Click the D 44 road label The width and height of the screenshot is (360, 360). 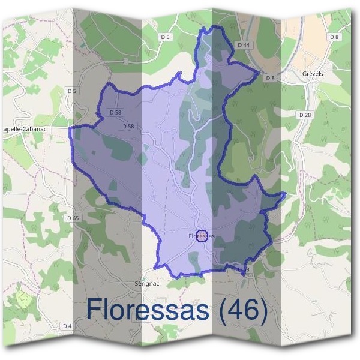coord(243,45)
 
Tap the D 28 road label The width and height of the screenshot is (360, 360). coord(305,114)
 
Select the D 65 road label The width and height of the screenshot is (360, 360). coord(73,218)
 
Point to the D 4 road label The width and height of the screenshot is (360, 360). coord(67,326)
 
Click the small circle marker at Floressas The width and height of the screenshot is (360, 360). coord(202,235)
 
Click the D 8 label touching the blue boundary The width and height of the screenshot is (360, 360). coord(269,78)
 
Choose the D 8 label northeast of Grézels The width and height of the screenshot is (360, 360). coord(334,37)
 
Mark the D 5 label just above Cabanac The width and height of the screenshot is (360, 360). coord(73,91)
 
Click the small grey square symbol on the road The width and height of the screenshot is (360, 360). coord(125,61)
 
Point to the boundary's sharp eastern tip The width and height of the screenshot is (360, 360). coord(284,194)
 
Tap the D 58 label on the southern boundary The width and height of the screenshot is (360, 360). coord(242,270)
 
